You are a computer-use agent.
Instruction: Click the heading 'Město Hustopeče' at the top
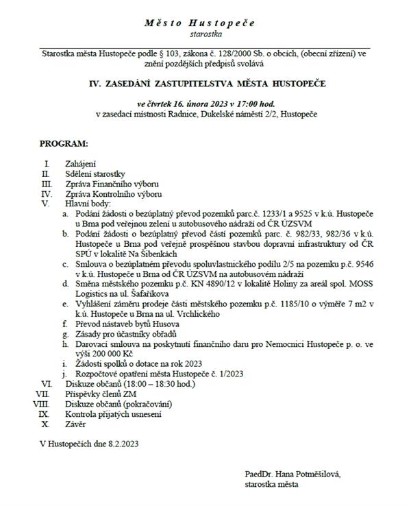point(200,23)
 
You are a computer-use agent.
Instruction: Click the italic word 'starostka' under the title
point(200,33)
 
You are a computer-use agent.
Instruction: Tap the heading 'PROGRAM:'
point(64,144)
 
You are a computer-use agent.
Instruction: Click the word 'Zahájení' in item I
point(79,165)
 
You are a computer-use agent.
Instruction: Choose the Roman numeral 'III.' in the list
point(47,184)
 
